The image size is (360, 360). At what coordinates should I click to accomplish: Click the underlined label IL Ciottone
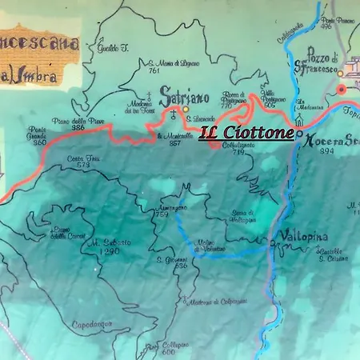tap(246, 133)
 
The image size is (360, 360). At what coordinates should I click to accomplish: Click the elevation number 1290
tap(106, 251)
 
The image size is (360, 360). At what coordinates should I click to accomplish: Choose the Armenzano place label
tap(164, 206)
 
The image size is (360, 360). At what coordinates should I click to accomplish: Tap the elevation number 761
tap(154, 70)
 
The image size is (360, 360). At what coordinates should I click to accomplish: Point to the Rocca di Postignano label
tap(230, 98)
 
